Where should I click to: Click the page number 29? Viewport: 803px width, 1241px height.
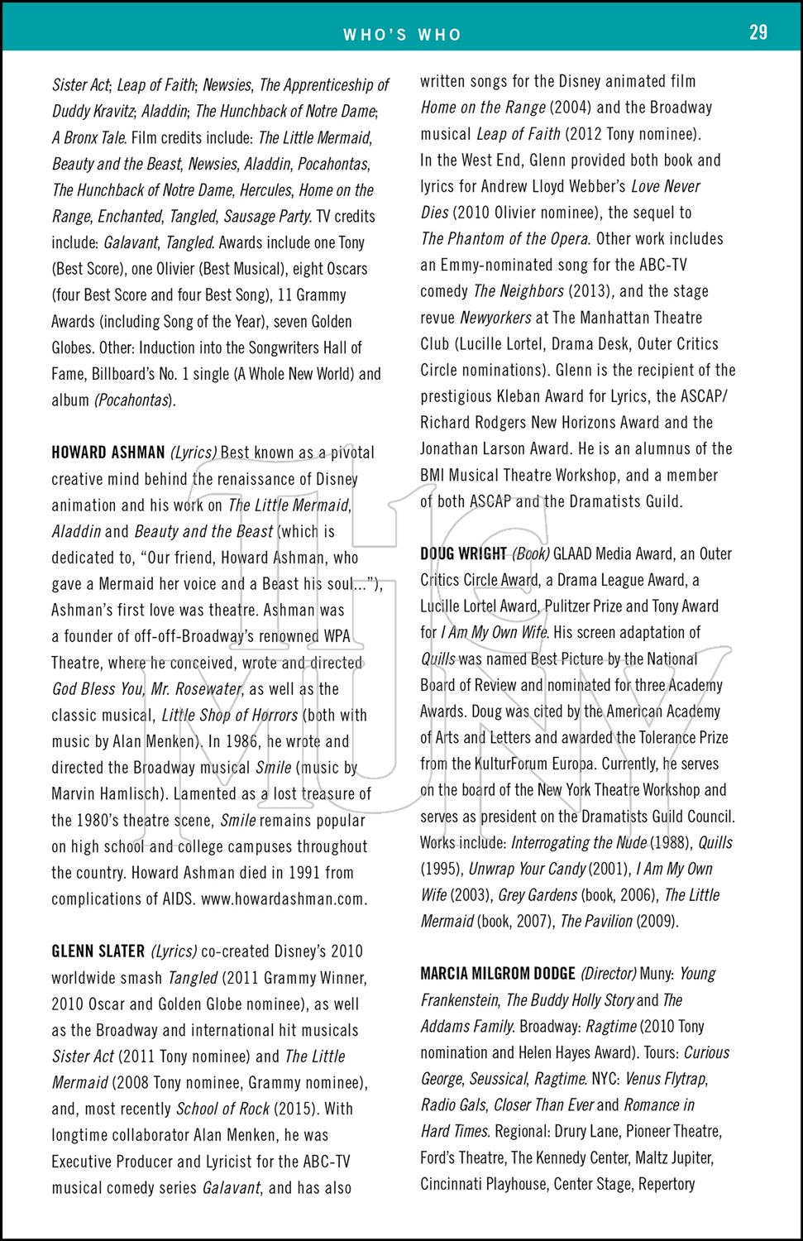coord(758,32)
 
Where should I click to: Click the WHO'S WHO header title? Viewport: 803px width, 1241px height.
coord(402,35)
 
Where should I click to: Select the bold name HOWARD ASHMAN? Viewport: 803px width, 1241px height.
coord(108,453)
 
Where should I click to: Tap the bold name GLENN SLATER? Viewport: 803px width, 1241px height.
coord(98,951)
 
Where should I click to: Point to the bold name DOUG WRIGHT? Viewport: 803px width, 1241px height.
coord(463,553)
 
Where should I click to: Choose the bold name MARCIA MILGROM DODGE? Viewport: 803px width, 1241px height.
coord(497,974)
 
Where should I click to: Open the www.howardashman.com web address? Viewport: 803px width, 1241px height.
coord(284,899)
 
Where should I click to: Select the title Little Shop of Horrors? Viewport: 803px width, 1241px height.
coord(229,716)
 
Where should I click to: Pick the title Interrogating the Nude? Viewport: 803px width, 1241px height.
coord(579,843)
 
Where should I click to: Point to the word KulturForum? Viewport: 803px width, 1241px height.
coord(533,764)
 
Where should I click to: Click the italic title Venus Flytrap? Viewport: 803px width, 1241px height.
coord(665,1079)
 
